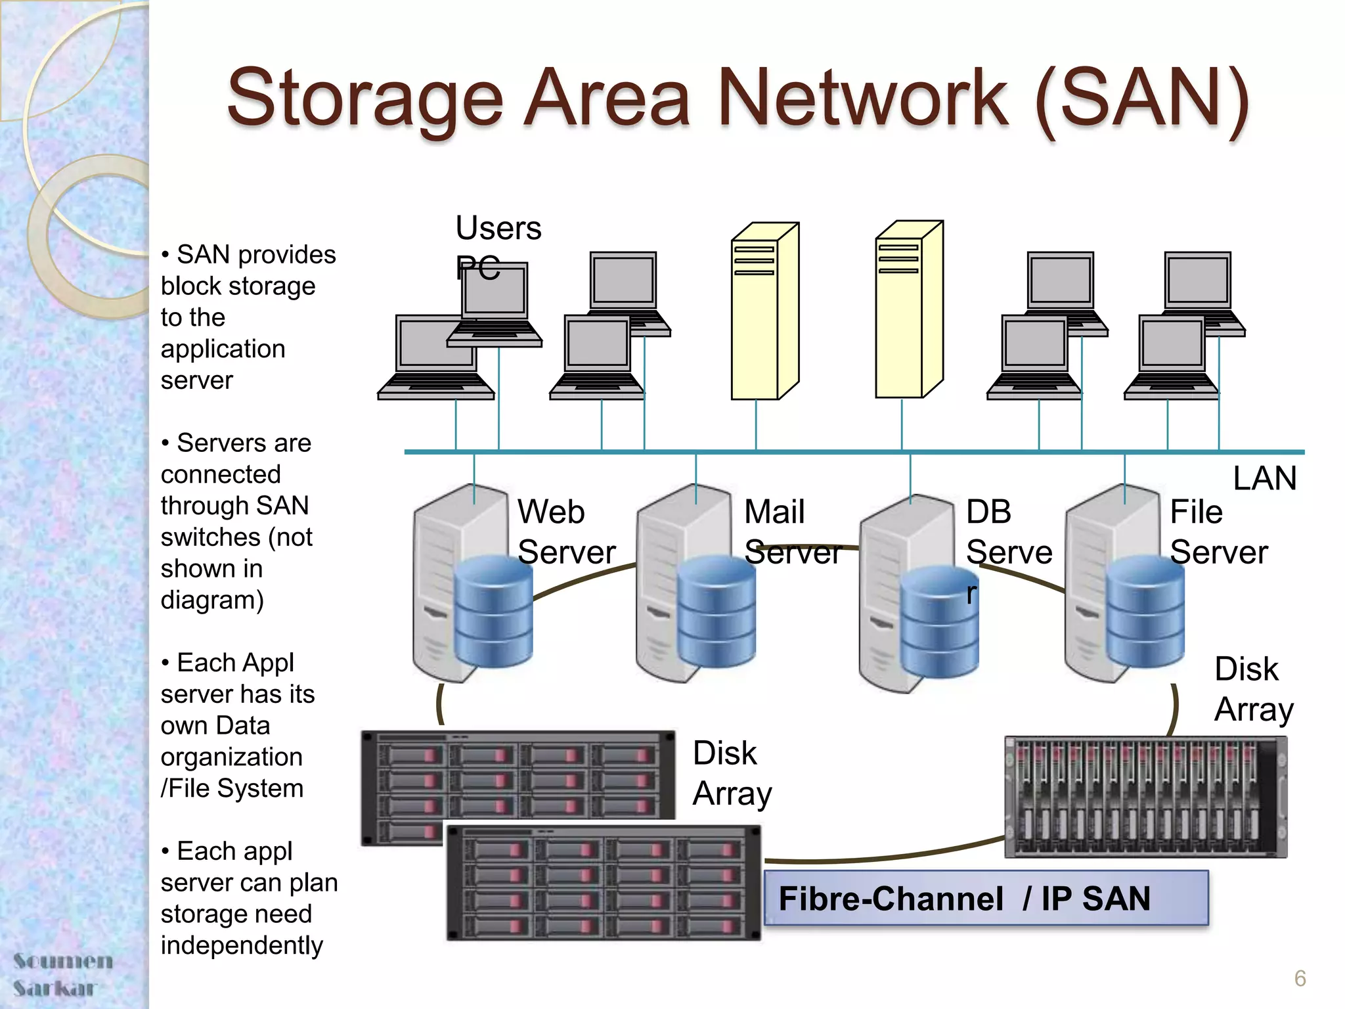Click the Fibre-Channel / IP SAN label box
(x=985, y=898)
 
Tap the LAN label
(x=1264, y=478)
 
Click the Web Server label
(x=566, y=532)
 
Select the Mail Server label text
(x=792, y=532)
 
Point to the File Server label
(x=1218, y=532)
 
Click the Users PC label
(x=497, y=246)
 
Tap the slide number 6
(x=1300, y=978)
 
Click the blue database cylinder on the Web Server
(x=493, y=611)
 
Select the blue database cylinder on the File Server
(x=1145, y=611)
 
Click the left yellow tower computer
(x=764, y=312)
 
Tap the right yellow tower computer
(x=908, y=310)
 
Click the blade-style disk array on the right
(x=1145, y=796)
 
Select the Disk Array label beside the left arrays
(x=732, y=773)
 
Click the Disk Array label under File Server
(x=1253, y=690)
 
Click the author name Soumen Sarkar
(x=62, y=974)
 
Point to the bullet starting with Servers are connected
(x=236, y=521)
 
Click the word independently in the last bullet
(x=242, y=945)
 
